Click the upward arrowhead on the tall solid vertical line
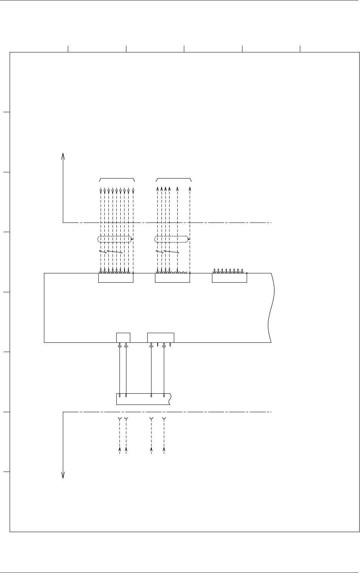[63, 155]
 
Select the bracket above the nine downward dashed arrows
[117, 179]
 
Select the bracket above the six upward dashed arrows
[174, 179]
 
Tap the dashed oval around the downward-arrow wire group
[115, 239]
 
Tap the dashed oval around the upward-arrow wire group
[172, 239]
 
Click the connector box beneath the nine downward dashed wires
[116, 278]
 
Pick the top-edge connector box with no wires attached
[229, 278]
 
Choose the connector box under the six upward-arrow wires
[172, 278]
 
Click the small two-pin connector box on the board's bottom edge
[123, 337]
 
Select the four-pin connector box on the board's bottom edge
[161, 337]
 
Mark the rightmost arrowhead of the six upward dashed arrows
[190, 189]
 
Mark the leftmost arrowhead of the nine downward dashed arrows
[101, 191]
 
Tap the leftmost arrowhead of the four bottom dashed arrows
[120, 449]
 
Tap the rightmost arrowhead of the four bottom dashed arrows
[164, 449]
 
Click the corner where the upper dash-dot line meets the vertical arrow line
[63, 222]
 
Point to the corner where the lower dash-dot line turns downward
[63, 412]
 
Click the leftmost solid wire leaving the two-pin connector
[120, 370]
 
